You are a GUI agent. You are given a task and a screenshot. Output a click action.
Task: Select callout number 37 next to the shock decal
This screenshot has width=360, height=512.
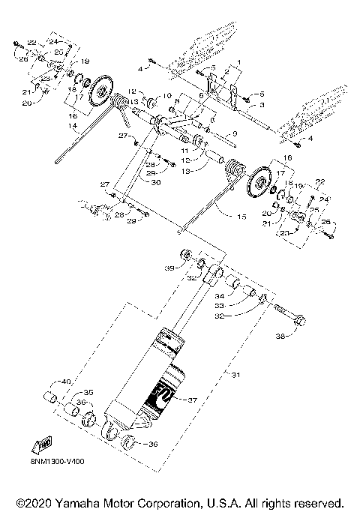192,400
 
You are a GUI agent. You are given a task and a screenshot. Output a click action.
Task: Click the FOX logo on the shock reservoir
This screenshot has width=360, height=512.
163,394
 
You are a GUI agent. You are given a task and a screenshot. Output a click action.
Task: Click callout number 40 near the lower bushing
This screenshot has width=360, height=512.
65,382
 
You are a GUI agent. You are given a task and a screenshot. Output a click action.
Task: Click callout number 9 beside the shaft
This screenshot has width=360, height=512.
234,134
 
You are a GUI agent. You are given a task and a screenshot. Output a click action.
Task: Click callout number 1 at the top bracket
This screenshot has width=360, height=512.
238,60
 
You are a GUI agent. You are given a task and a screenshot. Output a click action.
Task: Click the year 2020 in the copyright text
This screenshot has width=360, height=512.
37,501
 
